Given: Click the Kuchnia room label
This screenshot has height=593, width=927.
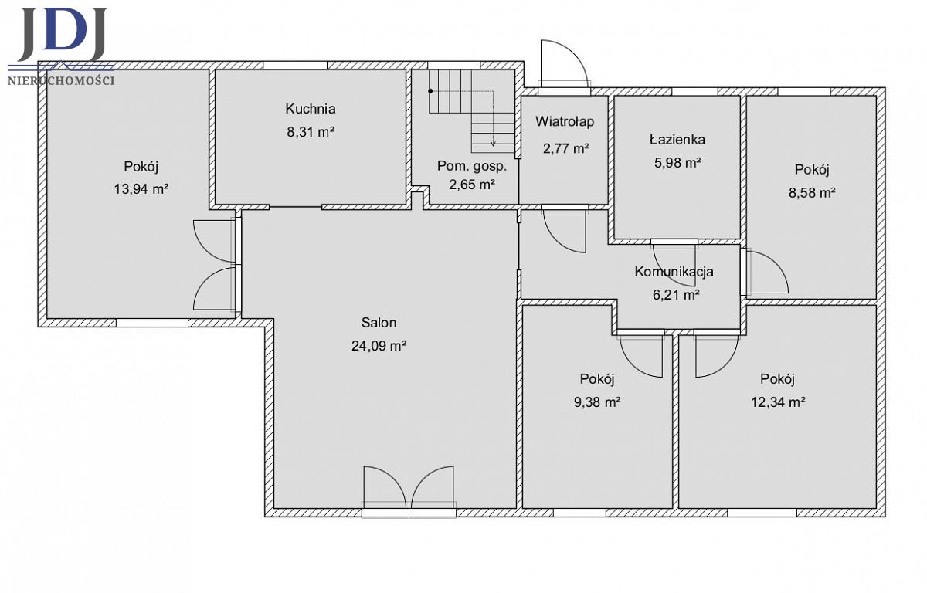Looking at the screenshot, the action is tap(311, 109).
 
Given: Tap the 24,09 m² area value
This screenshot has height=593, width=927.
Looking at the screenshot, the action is tap(379, 345).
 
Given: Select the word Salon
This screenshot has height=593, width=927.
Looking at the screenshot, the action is tap(379, 323).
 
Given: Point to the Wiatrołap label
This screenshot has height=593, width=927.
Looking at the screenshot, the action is tap(565, 121).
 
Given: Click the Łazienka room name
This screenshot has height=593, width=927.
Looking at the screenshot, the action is tap(677, 139).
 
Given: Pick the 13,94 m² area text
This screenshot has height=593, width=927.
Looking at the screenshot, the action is tap(141, 189).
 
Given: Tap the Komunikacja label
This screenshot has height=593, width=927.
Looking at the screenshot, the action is tap(674, 272).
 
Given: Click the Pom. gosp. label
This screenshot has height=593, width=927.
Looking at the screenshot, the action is tap(472, 166).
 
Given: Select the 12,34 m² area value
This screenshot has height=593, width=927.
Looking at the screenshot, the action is tap(778, 402).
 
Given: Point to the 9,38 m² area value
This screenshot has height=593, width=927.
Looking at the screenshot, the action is tap(597, 402).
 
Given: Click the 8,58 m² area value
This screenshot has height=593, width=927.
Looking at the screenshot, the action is tap(812, 193).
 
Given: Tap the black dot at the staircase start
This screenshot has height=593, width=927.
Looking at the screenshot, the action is tap(430, 91).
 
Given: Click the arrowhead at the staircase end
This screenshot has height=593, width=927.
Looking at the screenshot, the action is tap(494, 144).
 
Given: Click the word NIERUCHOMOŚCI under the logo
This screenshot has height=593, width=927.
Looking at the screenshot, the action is tap(61, 80).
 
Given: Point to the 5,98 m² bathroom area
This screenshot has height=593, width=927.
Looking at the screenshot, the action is tap(677, 162).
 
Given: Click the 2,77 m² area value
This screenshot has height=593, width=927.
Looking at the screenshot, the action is tap(565, 148).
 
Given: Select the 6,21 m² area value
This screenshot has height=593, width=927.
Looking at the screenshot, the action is tap(676, 295).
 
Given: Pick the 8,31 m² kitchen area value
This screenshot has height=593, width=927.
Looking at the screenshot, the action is tap(311, 132).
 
